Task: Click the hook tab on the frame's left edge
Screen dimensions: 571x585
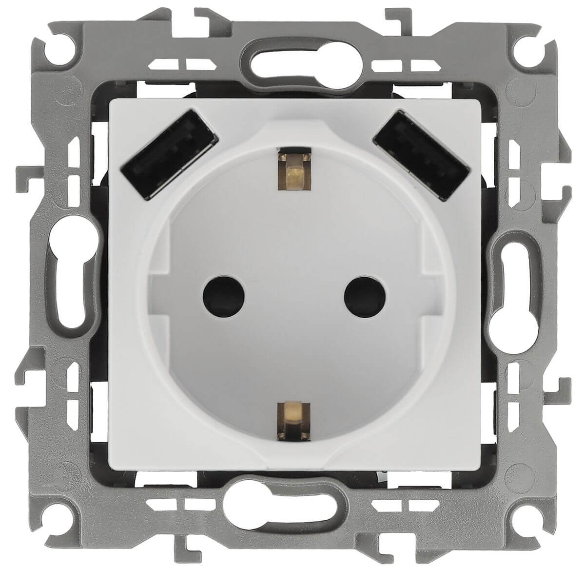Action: click(x=24, y=173)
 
